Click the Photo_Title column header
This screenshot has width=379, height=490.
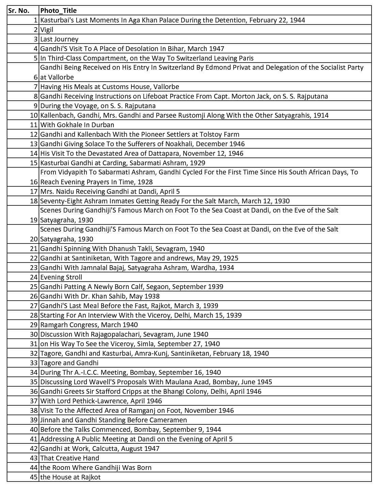point(58,11)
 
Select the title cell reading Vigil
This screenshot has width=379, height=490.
point(47,30)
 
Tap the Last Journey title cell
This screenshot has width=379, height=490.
point(59,39)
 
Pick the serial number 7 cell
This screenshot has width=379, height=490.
point(35,87)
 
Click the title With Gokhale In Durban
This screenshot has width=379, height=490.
point(77,125)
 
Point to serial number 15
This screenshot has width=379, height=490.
point(34,163)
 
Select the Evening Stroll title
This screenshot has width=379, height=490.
point(61,277)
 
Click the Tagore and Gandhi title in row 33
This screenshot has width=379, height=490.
point(69,363)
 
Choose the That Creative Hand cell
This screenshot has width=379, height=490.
point(69,458)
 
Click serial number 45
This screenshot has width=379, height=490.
point(34,477)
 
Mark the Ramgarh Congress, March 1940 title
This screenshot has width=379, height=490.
point(89,325)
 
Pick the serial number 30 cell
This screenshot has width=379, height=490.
point(34,334)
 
